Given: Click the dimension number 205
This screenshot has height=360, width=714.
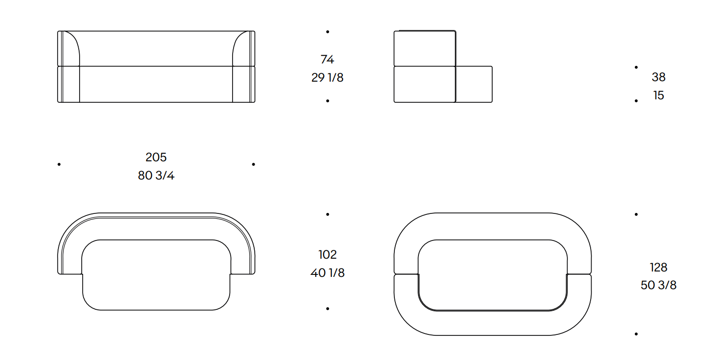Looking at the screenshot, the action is [156, 157].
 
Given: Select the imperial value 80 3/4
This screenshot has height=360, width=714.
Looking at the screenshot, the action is [156, 176].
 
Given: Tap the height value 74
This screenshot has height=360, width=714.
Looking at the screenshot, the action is [327, 60].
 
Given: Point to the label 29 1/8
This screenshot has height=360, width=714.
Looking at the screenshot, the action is [327, 78].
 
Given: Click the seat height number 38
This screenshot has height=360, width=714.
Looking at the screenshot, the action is [658, 77].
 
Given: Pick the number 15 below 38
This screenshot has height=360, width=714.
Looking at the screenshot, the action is [658, 95].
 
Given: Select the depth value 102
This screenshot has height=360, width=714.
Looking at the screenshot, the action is [327, 254].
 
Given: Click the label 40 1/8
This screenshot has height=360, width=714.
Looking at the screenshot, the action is [327, 272].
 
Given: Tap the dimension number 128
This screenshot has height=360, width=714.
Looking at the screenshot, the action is [658, 267].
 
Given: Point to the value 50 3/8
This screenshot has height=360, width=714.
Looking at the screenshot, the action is [658, 285].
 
